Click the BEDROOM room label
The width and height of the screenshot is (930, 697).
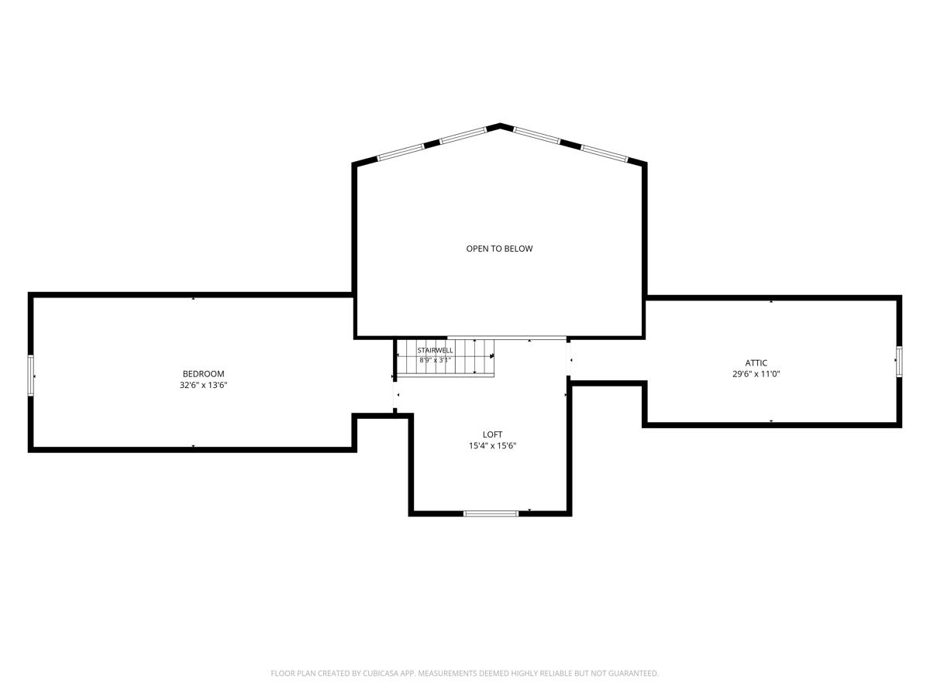coord(203,374)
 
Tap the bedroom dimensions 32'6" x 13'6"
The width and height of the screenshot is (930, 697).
coord(203,385)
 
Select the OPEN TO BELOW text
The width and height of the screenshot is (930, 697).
coord(499,249)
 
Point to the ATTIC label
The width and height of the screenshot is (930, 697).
coord(756,362)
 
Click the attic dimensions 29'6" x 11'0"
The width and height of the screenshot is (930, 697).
coord(756,374)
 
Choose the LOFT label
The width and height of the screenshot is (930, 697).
coord(492,434)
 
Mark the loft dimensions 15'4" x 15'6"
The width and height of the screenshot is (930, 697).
coord(492,445)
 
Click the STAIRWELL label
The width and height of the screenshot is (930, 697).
coord(435,350)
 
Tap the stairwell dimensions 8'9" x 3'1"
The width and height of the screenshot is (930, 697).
coord(435,361)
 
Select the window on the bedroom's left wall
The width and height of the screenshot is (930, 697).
coord(30,376)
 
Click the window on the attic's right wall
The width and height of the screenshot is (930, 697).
coord(899,361)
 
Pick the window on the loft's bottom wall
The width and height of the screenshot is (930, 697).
coord(491,513)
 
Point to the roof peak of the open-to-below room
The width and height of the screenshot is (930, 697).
coord(500,125)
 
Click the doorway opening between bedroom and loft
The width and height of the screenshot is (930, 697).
coord(395,395)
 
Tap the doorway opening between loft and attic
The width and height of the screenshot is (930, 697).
coord(569,359)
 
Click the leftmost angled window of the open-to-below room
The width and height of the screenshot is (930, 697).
coord(401,153)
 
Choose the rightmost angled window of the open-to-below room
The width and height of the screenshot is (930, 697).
coord(604,153)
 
